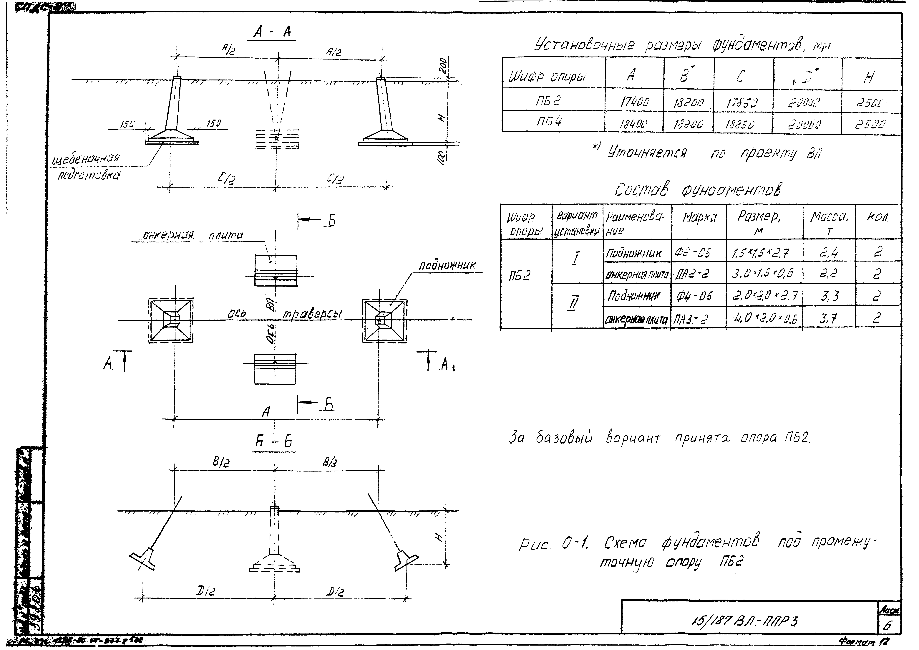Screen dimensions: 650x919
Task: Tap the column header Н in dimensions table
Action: coord(869,77)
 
